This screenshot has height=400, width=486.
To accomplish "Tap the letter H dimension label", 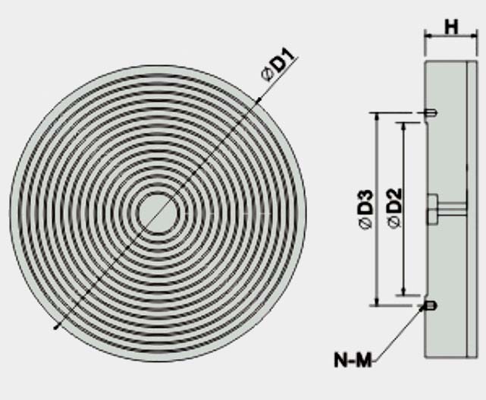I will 451,27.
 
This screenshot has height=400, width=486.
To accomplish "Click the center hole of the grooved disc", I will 158,213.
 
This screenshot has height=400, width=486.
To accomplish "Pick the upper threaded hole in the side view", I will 430,114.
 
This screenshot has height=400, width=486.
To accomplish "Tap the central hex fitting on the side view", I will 432,209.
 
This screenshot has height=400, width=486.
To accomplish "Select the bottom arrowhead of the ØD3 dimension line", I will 375,301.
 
